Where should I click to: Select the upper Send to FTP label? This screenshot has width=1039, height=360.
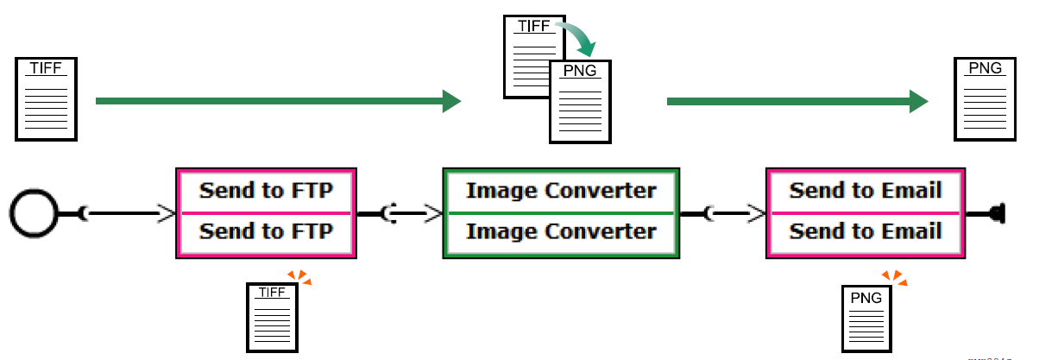(266, 191)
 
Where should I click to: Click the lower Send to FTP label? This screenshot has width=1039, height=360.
(266, 232)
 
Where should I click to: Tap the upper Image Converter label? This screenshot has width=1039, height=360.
(561, 191)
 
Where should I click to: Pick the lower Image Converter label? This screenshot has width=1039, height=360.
(561, 232)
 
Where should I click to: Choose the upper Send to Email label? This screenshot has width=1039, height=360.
(865, 191)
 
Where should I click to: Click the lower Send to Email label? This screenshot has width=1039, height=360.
(865, 232)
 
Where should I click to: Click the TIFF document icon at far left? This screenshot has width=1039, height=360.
(46, 98)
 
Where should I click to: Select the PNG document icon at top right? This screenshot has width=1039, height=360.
(985, 98)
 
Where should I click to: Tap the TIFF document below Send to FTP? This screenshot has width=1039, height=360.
(271, 317)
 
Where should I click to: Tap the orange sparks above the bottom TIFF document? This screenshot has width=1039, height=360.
(299, 277)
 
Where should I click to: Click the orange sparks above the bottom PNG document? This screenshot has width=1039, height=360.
(895, 277)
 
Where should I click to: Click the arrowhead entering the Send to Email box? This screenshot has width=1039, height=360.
(756, 212)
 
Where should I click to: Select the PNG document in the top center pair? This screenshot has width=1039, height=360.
(580, 102)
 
